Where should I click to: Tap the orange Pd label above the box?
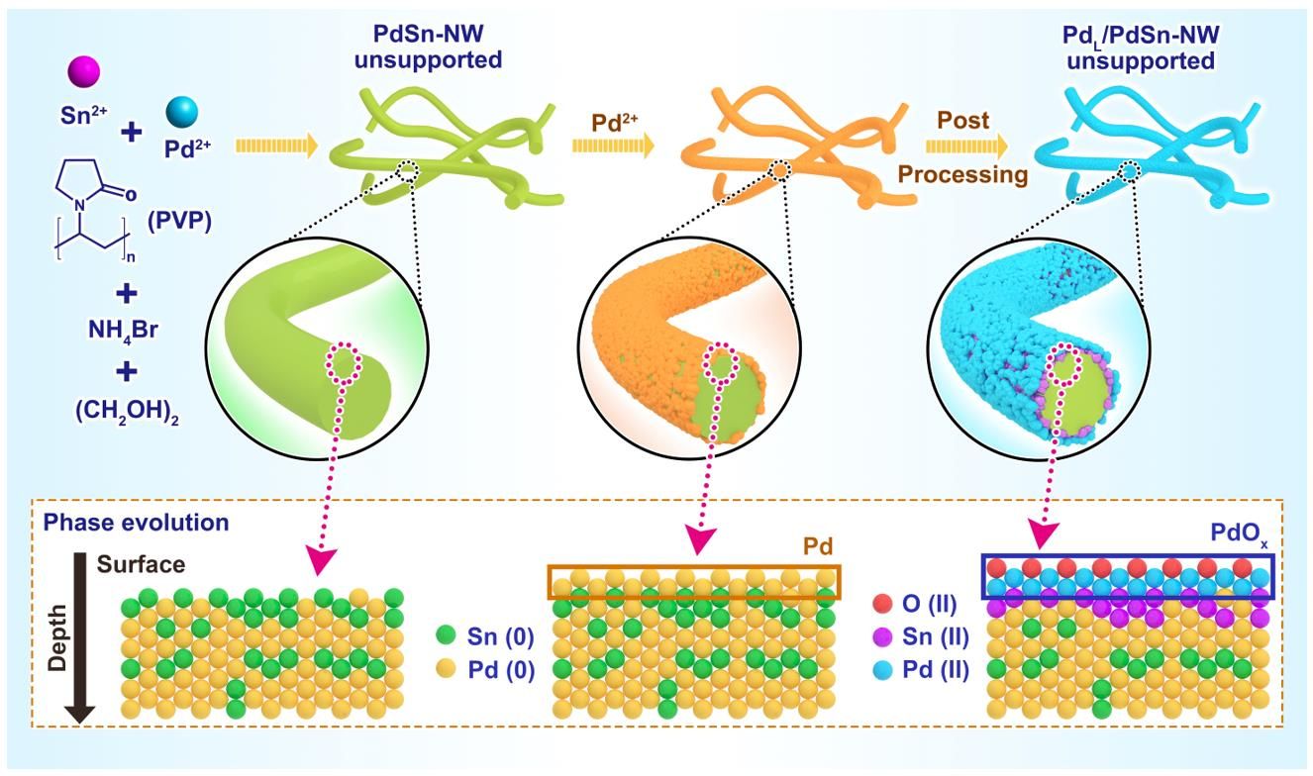[x=818, y=548]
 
